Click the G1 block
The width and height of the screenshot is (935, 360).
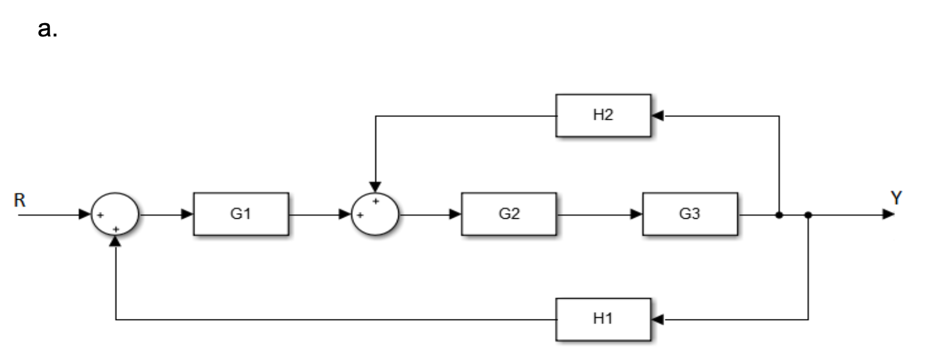241,214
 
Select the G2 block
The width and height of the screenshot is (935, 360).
509,214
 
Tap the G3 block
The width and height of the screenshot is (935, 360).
690,214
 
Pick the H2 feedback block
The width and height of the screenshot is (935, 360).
603,115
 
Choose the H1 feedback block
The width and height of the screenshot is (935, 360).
603,319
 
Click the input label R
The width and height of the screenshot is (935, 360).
20,200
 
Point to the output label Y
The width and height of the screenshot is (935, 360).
896,199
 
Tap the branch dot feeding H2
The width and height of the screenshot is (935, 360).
779,215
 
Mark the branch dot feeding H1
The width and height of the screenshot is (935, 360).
808,215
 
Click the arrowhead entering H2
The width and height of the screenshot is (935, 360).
657,116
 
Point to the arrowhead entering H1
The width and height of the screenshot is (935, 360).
657,319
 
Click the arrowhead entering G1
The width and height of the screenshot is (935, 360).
187,215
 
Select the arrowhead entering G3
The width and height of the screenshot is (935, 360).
636,215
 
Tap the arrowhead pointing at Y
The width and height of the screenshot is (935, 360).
888,215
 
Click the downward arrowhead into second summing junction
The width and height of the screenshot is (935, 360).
375,187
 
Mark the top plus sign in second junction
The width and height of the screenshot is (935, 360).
376,201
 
